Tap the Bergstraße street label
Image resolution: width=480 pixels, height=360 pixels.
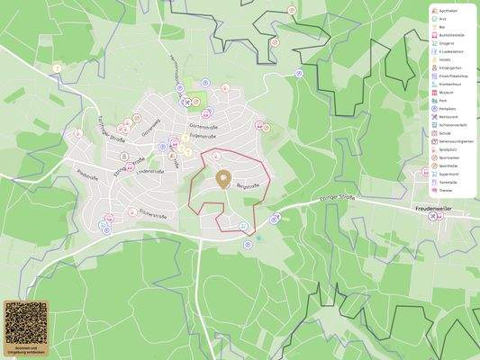[x=248, y=185]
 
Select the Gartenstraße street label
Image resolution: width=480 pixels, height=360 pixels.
[x=204, y=127]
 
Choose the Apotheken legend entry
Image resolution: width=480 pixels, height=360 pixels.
[x=448, y=10]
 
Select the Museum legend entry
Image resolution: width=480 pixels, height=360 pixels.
[x=447, y=92]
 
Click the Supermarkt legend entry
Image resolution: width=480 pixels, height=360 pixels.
[x=448, y=174]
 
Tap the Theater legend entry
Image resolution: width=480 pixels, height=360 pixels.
[x=446, y=191]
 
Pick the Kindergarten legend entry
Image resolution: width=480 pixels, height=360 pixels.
[x=450, y=67]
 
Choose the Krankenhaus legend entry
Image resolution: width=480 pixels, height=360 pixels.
[x=450, y=84]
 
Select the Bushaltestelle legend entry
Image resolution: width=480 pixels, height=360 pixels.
[x=451, y=34]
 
